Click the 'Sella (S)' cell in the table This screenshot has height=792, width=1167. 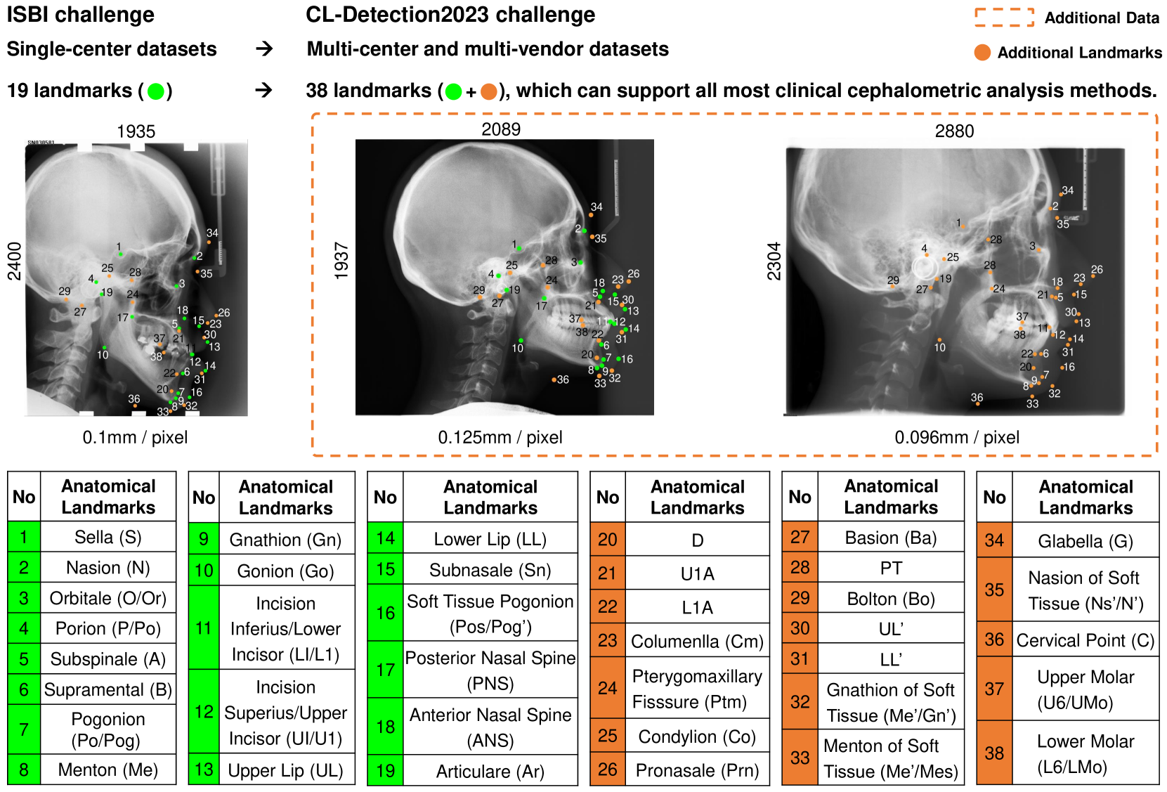point(108,537)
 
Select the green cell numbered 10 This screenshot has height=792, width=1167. point(204,571)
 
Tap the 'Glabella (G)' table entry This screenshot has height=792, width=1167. point(1085,541)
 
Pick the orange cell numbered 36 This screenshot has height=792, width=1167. point(994,640)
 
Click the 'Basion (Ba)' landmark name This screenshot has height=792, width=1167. point(891,538)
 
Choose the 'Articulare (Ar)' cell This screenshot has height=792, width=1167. point(490,771)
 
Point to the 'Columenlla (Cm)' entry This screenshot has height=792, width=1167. point(697,641)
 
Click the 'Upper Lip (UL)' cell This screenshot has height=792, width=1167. point(285,770)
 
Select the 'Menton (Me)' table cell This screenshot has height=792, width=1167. point(108,770)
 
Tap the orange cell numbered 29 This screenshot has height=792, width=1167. point(800,598)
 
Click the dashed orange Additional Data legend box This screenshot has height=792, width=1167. point(1004,18)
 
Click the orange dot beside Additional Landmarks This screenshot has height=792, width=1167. point(982,53)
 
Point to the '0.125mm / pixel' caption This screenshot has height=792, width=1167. point(500,437)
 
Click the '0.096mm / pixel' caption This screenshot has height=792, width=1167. point(957,437)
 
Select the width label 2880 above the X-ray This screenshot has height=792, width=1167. point(954,131)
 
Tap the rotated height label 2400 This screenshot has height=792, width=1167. point(15,261)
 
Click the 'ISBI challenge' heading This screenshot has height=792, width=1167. point(81,15)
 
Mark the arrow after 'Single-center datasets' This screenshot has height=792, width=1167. point(264,48)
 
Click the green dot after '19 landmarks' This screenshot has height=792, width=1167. point(156,91)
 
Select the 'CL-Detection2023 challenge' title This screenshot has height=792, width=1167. point(450,15)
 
